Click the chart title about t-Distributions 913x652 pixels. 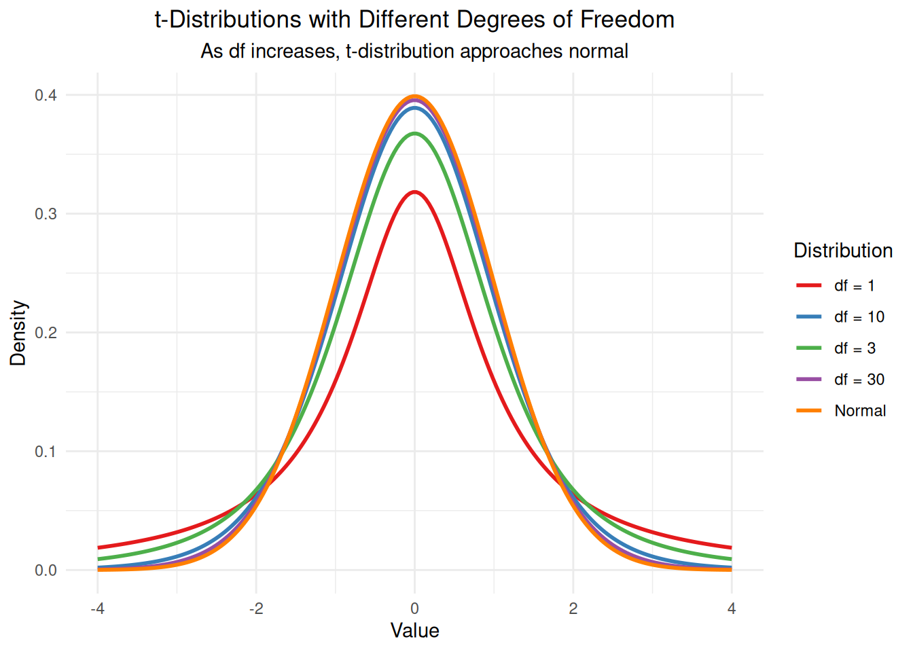click(414, 20)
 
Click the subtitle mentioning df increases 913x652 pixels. click(414, 51)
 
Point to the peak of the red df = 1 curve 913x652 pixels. click(414, 192)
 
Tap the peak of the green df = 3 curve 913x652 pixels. click(414, 134)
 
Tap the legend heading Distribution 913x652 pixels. click(843, 251)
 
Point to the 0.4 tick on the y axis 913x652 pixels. click(46, 95)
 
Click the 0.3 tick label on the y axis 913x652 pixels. click(46, 214)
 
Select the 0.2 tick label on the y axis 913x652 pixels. click(46, 333)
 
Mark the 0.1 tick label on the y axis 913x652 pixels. click(46, 452)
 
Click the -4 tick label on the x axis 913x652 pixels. click(97, 609)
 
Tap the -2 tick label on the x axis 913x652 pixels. click(255, 609)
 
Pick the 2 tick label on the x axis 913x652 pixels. click(573, 609)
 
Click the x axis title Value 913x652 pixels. click(414, 631)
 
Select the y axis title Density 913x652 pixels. click(18, 333)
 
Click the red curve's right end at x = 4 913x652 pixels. click(731, 547)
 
